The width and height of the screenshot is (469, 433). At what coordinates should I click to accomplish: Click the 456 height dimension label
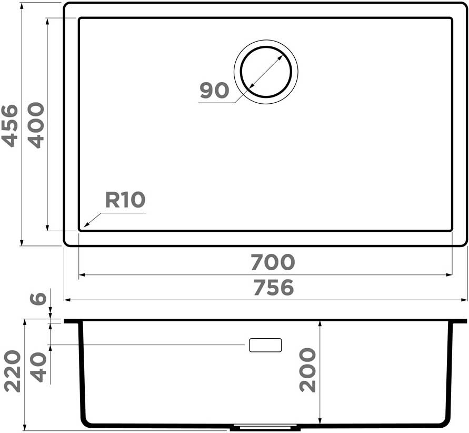pyautogui.click(x=10, y=126)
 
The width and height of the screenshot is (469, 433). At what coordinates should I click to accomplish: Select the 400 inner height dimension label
pyautogui.click(x=36, y=125)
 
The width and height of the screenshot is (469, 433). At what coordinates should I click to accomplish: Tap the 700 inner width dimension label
pyautogui.click(x=273, y=262)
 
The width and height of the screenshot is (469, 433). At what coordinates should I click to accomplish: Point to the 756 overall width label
pyautogui.click(x=273, y=288)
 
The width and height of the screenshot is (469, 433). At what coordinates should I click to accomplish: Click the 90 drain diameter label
pyautogui.click(x=214, y=90)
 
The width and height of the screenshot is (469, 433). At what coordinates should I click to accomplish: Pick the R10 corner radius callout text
pyautogui.click(x=125, y=200)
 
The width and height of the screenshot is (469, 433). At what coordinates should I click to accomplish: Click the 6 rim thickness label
pyautogui.click(x=39, y=298)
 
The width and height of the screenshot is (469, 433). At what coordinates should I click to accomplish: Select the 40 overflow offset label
pyautogui.click(x=38, y=367)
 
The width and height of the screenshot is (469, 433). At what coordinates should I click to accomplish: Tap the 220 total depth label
pyautogui.click(x=13, y=371)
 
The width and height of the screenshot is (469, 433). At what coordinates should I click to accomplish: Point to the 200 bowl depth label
pyautogui.click(x=307, y=370)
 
